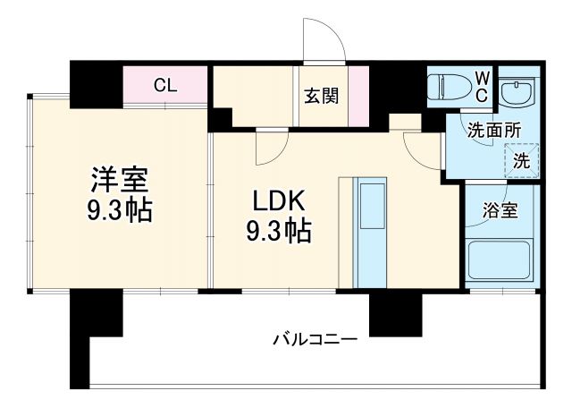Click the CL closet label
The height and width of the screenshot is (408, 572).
(x=165, y=86)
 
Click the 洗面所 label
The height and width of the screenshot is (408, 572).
(x=494, y=129)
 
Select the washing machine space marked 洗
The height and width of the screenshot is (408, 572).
(x=520, y=161)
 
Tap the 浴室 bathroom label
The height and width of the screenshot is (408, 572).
(x=498, y=212)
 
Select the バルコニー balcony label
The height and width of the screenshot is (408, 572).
(x=315, y=340)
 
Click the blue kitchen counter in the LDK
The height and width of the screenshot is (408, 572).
(x=369, y=232)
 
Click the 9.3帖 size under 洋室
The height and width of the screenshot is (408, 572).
(x=120, y=210)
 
